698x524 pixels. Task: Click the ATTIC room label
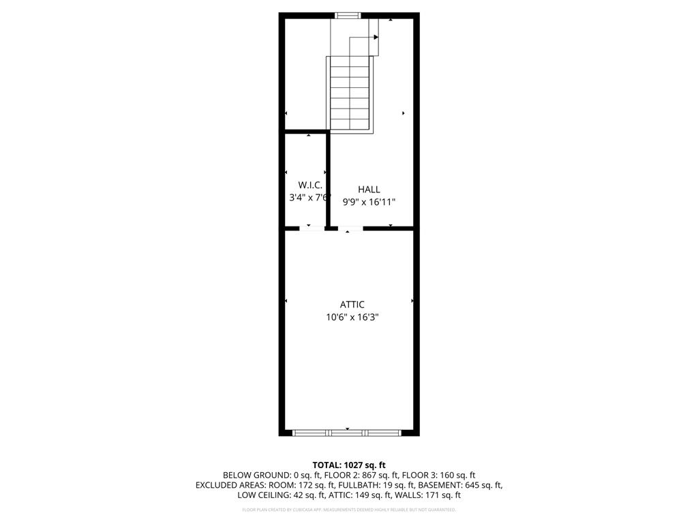(352, 304)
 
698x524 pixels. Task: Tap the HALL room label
(369, 190)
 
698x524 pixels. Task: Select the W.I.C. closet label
(310, 185)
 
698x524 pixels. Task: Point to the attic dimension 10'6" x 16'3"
(352, 317)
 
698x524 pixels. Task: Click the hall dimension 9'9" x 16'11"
(369, 202)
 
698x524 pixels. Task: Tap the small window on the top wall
(348, 15)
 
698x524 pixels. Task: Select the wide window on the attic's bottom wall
(348, 432)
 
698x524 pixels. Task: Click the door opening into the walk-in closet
(312, 229)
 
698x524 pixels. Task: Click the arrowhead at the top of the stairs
(376, 38)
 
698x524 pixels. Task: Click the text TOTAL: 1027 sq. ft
(349, 465)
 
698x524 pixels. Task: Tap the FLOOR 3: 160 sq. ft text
(444, 476)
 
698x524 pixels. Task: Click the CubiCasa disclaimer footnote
(349, 510)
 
